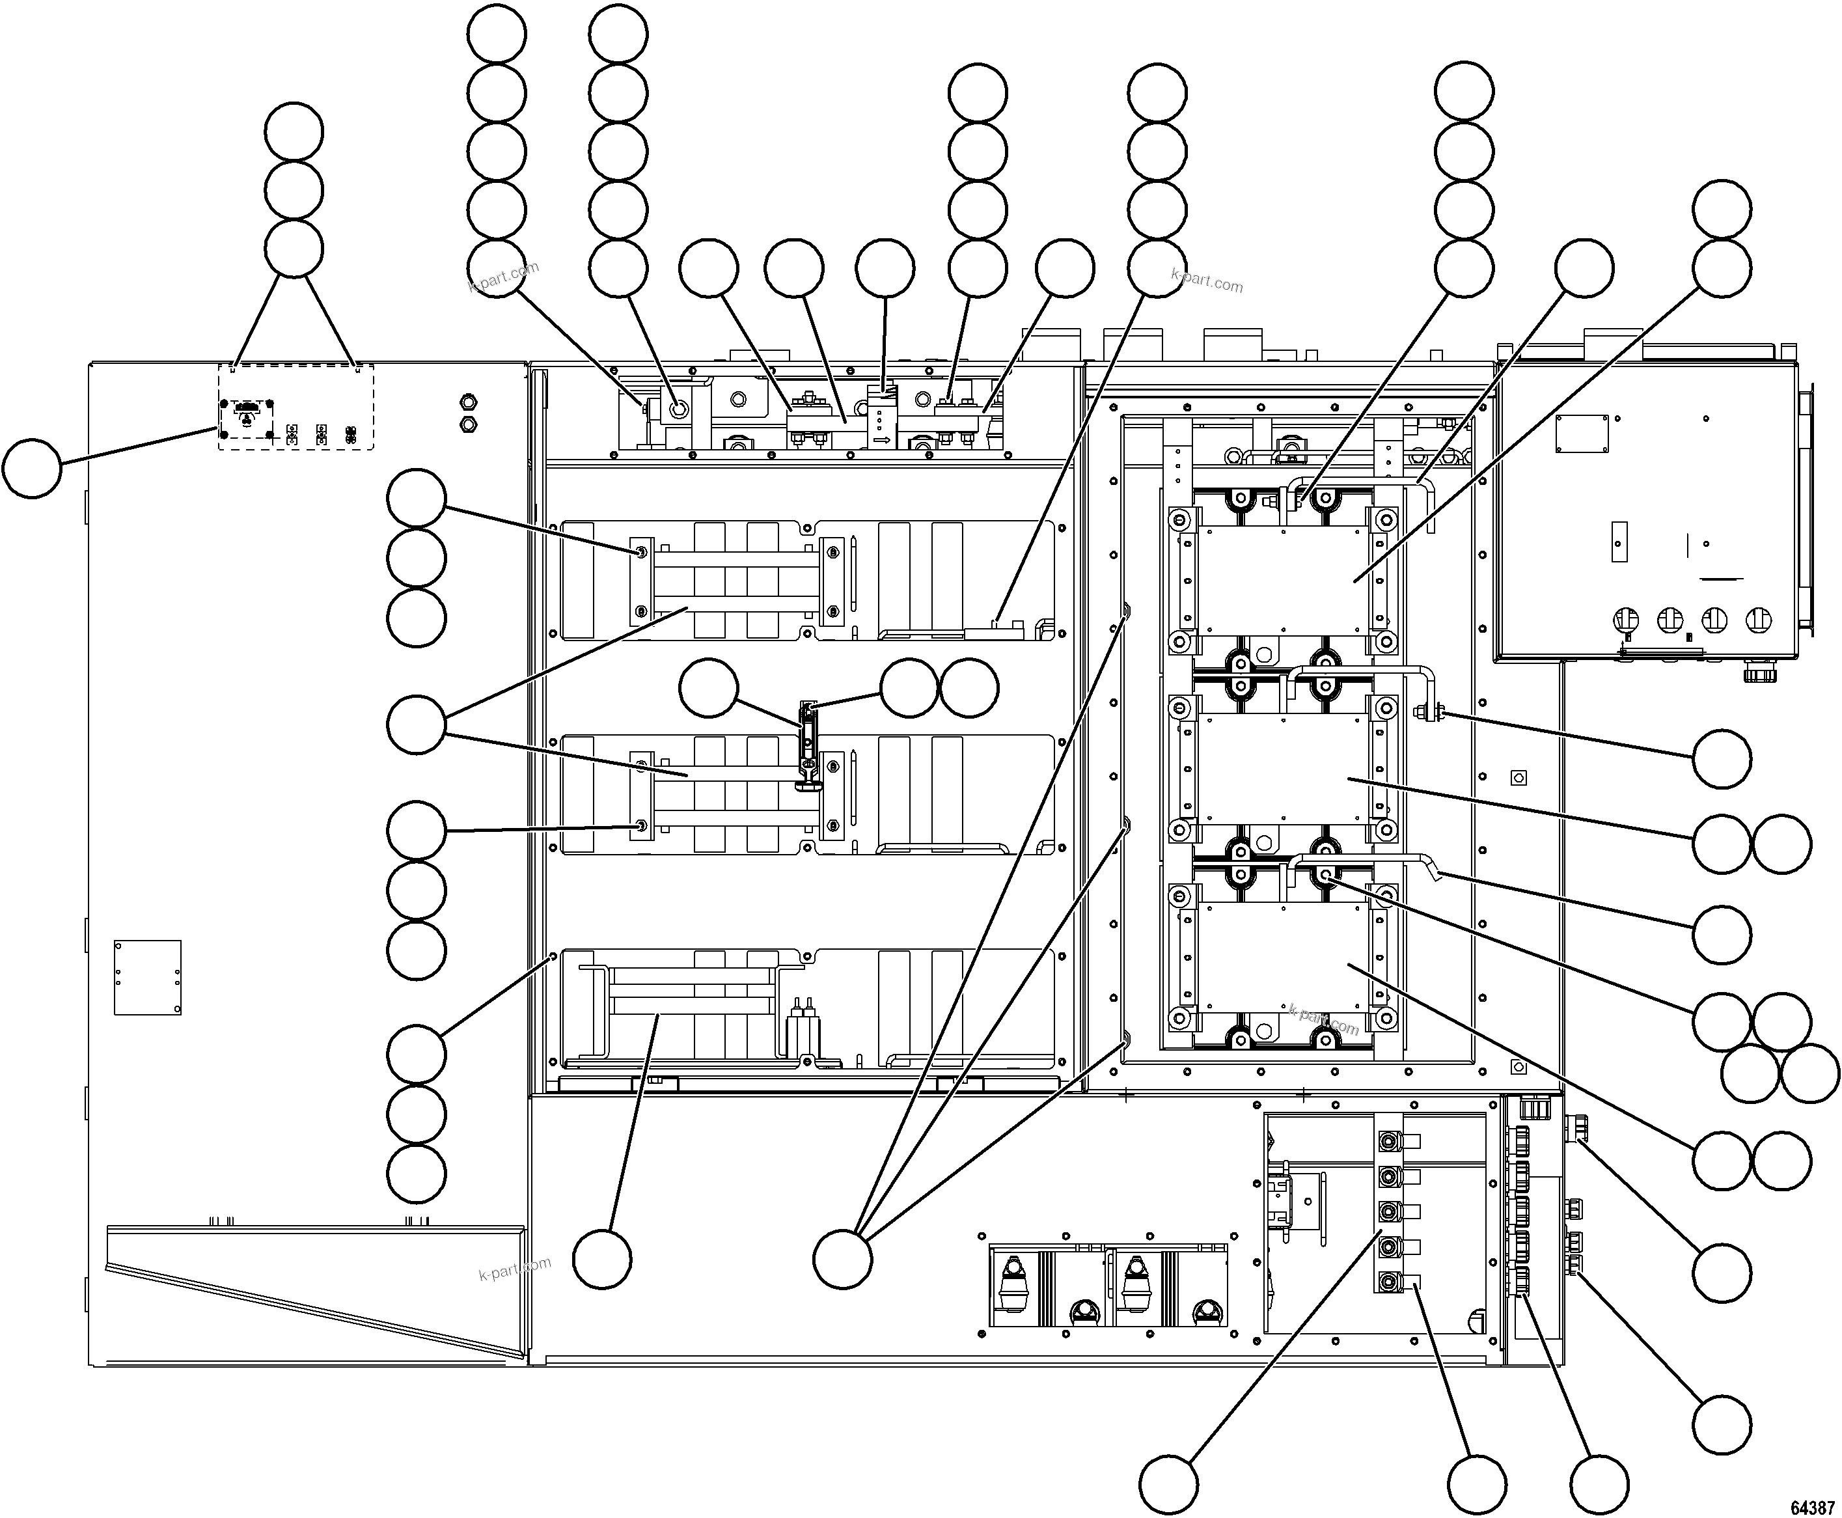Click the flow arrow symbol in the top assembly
[x=881, y=440]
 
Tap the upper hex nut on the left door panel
[x=468, y=402]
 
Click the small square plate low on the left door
[x=148, y=976]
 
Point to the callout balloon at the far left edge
[x=33, y=469]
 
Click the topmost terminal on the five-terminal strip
[x=1386, y=1141]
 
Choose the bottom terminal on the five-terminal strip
[x=1386, y=1282]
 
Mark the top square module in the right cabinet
[x=1282, y=580]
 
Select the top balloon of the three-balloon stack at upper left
[x=294, y=131]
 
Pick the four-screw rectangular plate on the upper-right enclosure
[x=1582, y=433]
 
